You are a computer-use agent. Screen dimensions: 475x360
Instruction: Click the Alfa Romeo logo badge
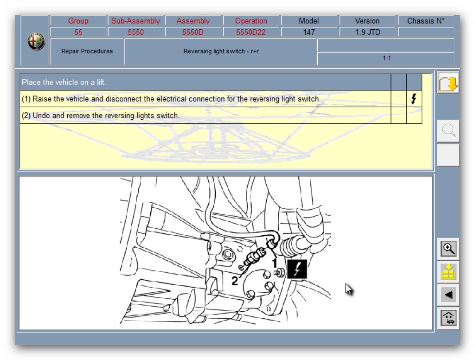36,41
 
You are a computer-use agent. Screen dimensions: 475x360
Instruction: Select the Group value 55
78,32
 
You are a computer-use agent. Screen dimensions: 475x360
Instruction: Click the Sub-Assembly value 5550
136,32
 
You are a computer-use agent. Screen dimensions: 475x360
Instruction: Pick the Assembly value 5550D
193,32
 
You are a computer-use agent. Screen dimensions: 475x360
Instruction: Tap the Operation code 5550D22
251,32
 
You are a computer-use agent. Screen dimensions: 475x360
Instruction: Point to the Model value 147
309,32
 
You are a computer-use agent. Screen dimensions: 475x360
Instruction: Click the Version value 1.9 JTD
367,32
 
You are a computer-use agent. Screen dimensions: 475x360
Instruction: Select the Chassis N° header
426,20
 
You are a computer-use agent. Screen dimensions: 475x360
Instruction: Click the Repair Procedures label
87,51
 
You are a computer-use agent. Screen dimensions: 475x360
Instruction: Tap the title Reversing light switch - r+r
221,51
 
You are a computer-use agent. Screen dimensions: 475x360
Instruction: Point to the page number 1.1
386,58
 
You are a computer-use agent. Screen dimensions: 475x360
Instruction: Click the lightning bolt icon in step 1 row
414,99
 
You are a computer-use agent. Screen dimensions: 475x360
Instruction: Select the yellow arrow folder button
449,83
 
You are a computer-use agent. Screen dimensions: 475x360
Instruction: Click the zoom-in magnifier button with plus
449,249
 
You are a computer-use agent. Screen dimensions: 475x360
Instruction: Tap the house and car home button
449,318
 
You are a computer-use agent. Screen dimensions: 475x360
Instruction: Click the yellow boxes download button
449,272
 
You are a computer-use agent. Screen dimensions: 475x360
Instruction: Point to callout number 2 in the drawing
235,281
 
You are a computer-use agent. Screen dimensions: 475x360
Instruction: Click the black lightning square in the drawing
297,269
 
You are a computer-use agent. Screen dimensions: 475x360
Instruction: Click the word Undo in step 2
41,116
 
